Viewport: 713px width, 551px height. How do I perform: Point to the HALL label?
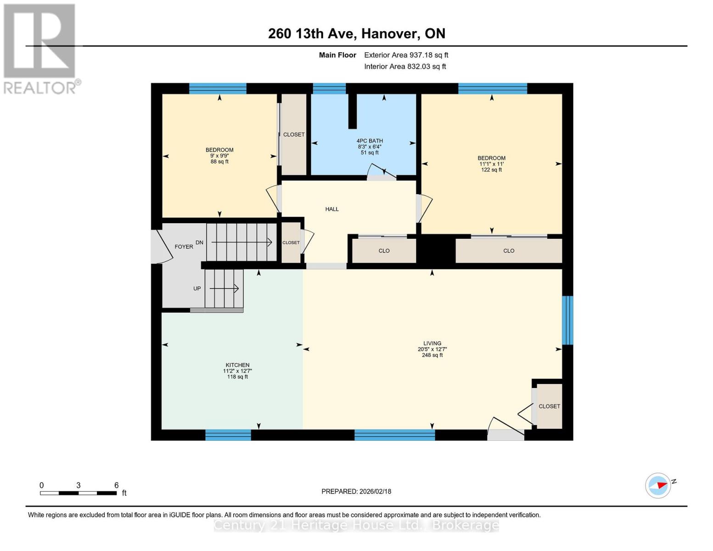332,209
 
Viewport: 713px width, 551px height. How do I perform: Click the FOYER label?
184,247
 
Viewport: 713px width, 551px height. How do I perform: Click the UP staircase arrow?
225,288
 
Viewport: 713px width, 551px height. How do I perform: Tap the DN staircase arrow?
241,242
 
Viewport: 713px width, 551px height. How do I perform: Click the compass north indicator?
658,485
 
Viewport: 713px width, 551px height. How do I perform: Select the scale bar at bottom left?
78,493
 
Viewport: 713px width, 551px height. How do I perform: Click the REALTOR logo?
40,48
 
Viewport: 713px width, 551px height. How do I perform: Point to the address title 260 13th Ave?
357,34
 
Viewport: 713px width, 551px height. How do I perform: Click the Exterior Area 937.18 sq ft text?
406,55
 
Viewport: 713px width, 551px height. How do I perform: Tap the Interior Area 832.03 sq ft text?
405,67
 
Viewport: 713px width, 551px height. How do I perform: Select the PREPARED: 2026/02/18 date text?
356,491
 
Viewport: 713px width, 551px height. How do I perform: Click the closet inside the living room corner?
549,406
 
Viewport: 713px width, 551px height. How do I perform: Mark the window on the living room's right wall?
567,320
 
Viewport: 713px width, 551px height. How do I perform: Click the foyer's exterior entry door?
157,246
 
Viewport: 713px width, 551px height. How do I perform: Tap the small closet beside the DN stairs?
291,243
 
